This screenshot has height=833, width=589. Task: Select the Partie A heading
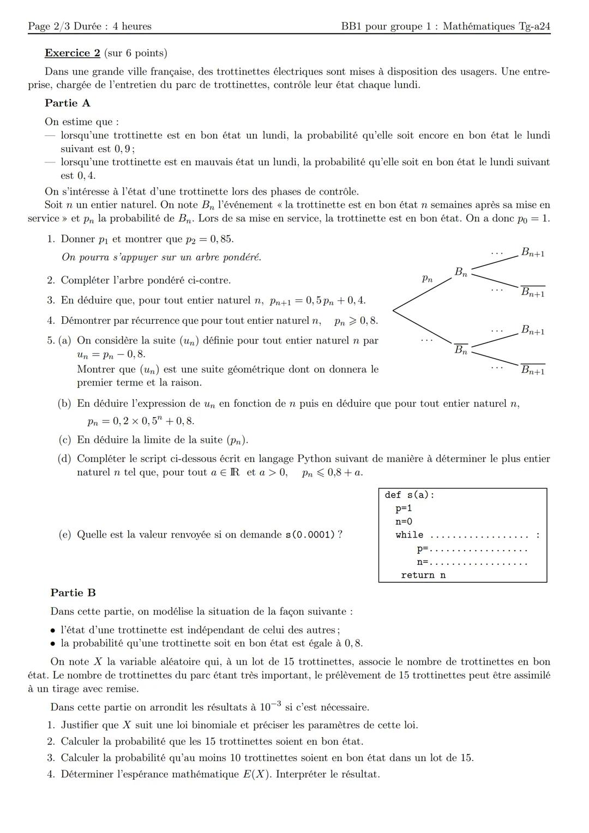click(67, 103)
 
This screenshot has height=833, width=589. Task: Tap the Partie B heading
click(73, 593)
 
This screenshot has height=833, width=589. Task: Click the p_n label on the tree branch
click(427, 279)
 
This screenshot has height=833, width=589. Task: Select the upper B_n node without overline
click(461, 272)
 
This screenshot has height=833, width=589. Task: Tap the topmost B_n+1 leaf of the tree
click(532, 252)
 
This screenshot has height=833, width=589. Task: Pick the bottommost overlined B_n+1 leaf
click(532, 370)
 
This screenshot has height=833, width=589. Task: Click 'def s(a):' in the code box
click(409, 495)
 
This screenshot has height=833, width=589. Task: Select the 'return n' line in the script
click(423, 575)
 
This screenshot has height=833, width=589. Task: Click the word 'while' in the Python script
click(409, 535)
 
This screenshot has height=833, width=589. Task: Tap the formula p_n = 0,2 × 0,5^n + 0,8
click(140, 421)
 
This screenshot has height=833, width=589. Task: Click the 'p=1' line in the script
click(404, 509)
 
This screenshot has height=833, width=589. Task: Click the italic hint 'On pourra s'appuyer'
click(161, 257)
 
